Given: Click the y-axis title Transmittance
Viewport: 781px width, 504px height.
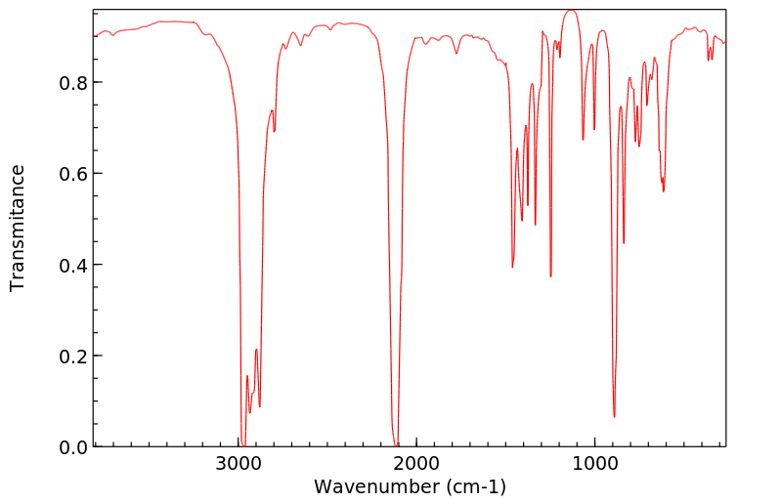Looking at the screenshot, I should pyautogui.click(x=18, y=228).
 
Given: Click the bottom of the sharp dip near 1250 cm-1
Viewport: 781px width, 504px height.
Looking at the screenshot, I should pyautogui.click(x=550, y=276).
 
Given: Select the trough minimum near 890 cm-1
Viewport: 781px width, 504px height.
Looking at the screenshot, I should pyautogui.click(x=614, y=416).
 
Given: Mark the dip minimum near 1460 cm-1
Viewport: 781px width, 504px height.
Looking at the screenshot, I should pyautogui.click(x=512, y=267).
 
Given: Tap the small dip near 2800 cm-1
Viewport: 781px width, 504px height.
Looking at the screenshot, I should pyautogui.click(x=274, y=131).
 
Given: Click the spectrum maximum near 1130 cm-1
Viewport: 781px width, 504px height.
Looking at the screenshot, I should pyautogui.click(x=571, y=11).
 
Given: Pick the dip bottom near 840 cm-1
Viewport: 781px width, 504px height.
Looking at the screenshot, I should pyautogui.click(x=624, y=243).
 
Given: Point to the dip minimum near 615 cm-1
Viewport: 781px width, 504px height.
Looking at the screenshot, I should pyautogui.click(x=664, y=190).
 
